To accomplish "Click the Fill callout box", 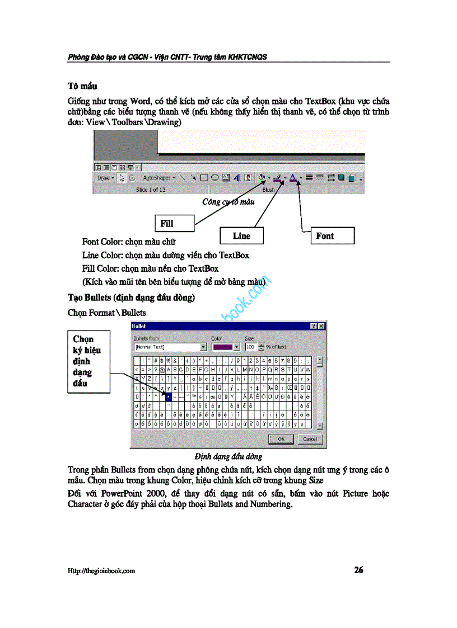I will coord(174,223).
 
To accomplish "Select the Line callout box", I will coord(241,235).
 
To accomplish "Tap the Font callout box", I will coord(332,235).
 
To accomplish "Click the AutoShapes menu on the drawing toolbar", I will coord(158,178).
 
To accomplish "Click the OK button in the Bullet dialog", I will coord(281,439).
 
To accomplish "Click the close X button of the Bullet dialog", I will coord(321,325).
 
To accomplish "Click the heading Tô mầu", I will coord(82,86).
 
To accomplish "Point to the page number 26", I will coord(358,570).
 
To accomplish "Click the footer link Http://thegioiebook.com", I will coord(101,571).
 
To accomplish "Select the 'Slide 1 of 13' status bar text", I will coord(151,190).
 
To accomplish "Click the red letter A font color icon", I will coord(292,177).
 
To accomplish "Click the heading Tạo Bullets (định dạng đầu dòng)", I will coord(131,298).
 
